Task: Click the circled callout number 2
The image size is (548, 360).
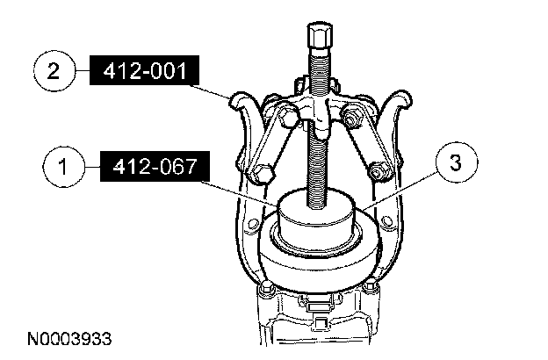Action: (x=54, y=71)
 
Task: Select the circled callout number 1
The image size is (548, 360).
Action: (x=63, y=166)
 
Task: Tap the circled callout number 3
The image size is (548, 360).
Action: (x=457, y=162)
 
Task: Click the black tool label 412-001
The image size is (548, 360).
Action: (x=144, y=70)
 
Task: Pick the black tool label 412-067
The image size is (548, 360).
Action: (x=155, y=166)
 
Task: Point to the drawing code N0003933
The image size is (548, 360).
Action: (x=69, y=339)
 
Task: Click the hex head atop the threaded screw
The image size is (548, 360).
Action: (x=320, y=36)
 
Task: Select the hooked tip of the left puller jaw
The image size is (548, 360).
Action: (x=242, y=99)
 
